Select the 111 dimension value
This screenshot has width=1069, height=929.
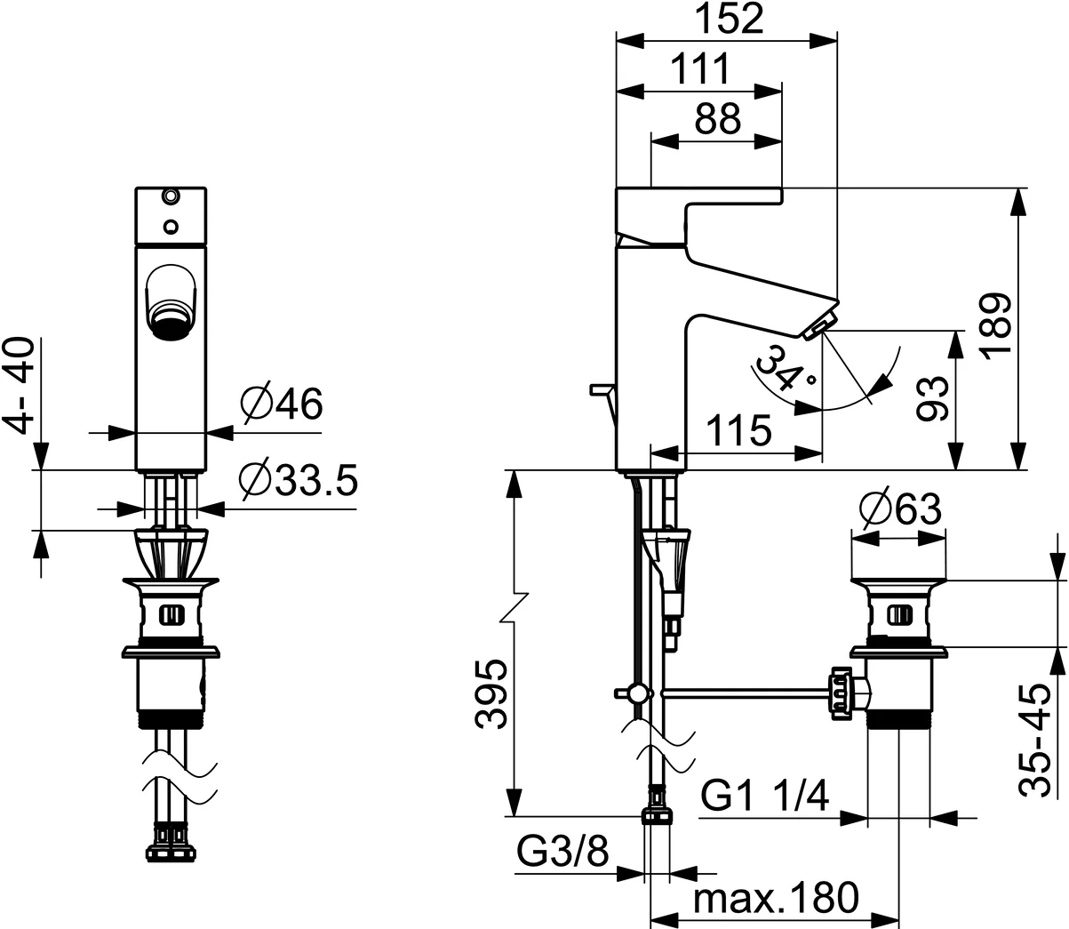[x=699, y=69]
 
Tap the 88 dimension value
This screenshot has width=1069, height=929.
[x=717, y=120]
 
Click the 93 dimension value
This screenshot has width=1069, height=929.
[x=931, y=398]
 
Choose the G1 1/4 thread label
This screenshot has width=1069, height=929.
[x=764, y=795]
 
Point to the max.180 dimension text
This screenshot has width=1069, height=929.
[x=776, y=899]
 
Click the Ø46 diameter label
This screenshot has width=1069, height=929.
[x=281, y=405]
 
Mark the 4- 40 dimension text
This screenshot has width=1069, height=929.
[x=20, y=384]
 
